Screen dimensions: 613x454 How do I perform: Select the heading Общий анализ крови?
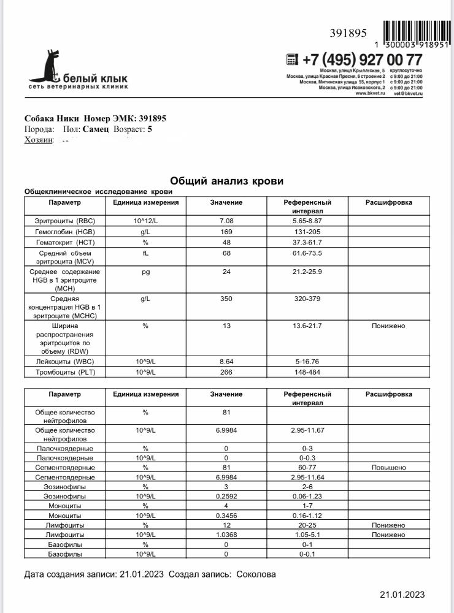click(226, 181)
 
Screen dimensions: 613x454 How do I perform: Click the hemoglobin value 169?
click(226, 232)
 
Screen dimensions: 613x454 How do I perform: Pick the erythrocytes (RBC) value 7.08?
click(226, 220)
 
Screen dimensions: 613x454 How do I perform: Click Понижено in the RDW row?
click(388, 326)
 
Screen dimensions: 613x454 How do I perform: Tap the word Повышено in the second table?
click(388, 467)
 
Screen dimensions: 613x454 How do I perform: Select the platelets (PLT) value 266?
click(226, 372)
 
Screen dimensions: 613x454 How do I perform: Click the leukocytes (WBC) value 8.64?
click(226, 361)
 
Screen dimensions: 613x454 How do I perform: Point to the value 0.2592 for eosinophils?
click(226, 496)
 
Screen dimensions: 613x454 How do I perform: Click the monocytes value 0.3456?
click(226, 516)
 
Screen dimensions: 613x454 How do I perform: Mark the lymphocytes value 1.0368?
click(226, 535)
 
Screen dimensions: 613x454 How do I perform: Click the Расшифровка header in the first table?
click(388, 202)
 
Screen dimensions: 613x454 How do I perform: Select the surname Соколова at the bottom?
click(256, 574)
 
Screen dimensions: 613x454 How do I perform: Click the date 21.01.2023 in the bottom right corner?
click(402, 595)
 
